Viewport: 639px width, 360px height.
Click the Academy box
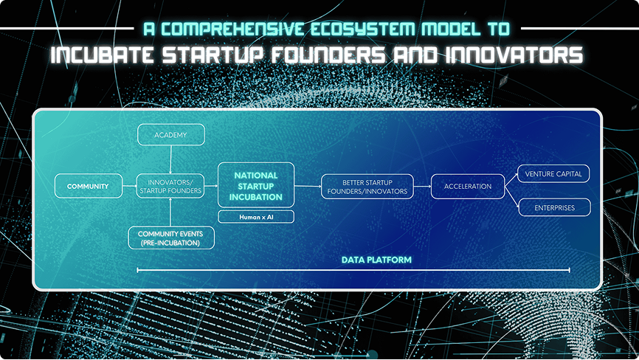click(170, 135)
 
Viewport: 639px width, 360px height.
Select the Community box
click(89, 186)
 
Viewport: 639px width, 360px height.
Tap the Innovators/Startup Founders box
click(170, 186)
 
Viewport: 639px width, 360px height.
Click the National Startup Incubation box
click(256, 185)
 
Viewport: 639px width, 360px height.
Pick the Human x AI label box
click(256, 217)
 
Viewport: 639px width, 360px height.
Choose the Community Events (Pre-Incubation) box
click(171, 238)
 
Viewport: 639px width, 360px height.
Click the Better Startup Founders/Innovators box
click(367, 187)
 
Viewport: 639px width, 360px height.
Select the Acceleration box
click(467, 187)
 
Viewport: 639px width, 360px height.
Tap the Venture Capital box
click(553, 174)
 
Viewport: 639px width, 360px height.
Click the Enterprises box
click(554, 208)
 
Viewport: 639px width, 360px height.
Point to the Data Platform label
click(376, 260)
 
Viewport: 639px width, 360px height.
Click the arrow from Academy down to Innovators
click(170, 159)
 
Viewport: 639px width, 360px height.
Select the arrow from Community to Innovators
click(130, 186)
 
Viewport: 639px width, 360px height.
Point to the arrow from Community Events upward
click(170, 212)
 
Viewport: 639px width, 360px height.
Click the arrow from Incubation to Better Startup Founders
click(308, 186)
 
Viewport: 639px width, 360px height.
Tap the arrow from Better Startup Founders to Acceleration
click(422, 187)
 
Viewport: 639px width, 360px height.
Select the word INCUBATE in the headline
click(103, 55)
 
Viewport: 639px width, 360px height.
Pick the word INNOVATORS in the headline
click(514, 55)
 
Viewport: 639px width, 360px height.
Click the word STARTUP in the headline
click(213, 55)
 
